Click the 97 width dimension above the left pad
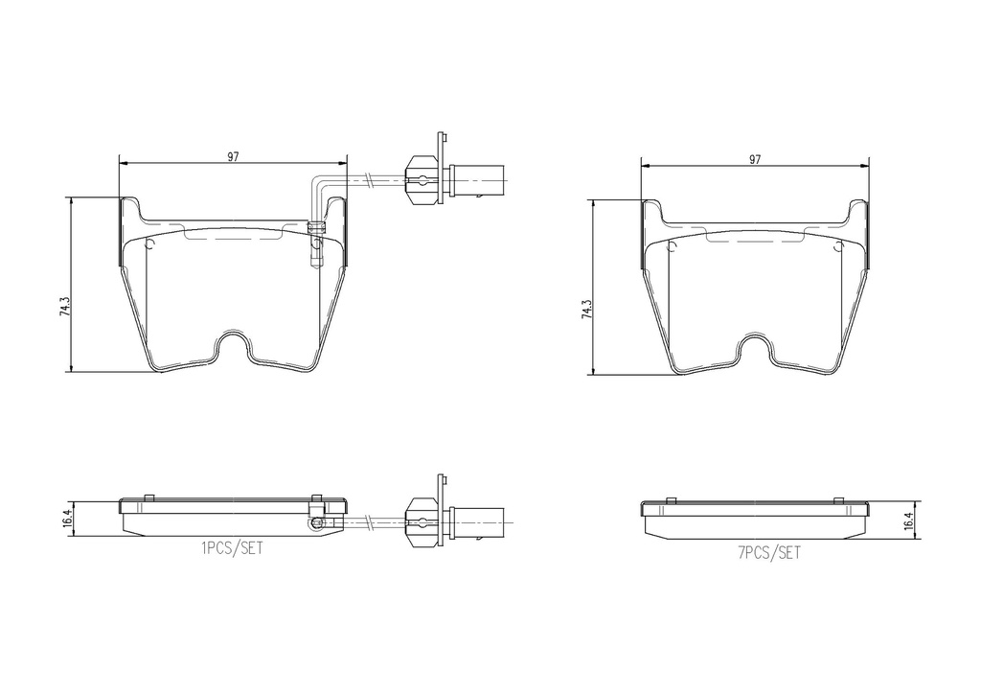pyautogui.click(x=233, y=157)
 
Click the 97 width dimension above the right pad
pyautogui.click(x=755, y=159)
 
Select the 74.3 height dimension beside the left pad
pyautogui.click(x=64, y=307)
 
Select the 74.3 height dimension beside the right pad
pyautogui.click(x=587, y=310)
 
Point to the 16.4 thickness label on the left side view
pyautogui.click(x=68, y=519)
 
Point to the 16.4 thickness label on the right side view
pyautogui.click(x=908, y=520)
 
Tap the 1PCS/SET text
pyautogui.click(x=232, y=549)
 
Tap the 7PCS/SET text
pyautogui.click(x=769, y=552)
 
